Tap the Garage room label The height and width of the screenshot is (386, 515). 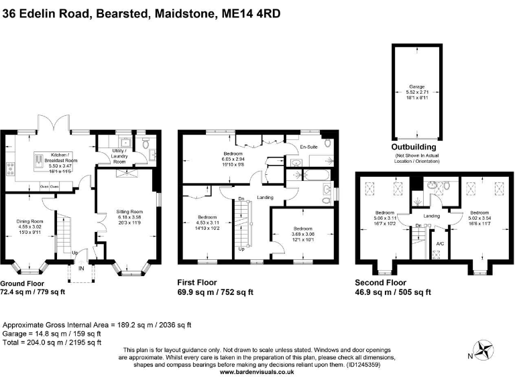coord(417,86)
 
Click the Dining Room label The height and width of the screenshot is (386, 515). coord(30,221)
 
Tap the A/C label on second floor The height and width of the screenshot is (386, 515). coord(439,243)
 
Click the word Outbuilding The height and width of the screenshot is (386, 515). coord(414,147)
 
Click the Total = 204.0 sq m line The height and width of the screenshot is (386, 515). coord(52,342)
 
